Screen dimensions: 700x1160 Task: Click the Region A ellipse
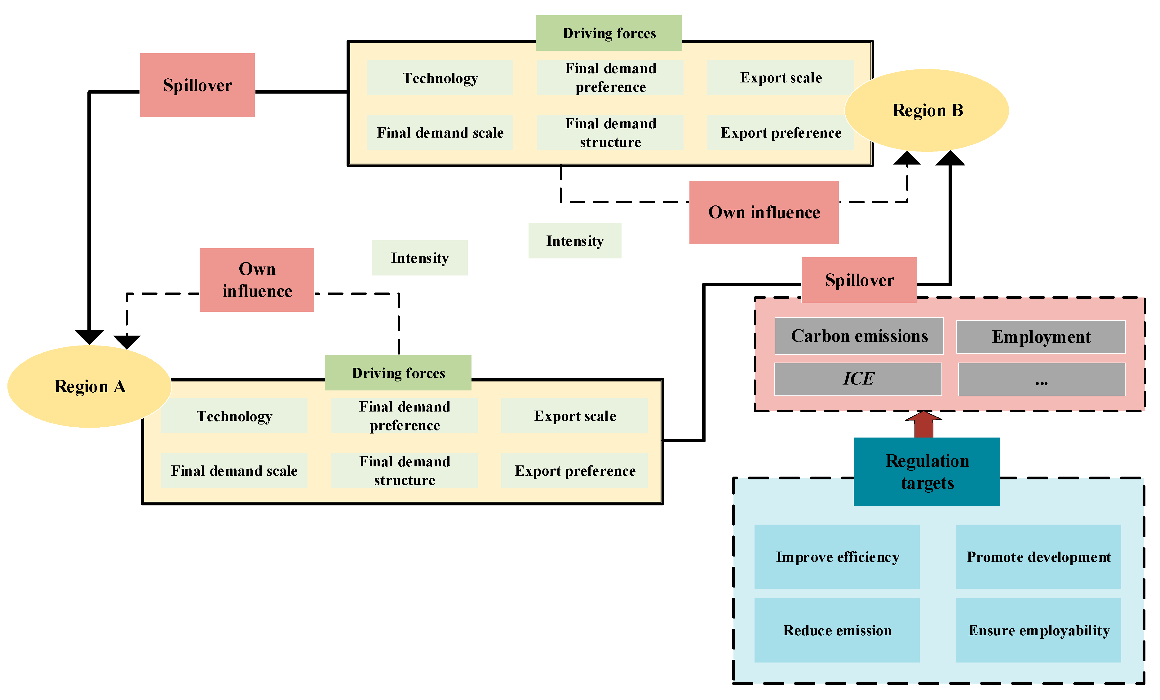point(90,386)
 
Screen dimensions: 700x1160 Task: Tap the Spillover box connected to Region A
point(197,85)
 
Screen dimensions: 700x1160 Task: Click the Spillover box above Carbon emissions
point(859,280)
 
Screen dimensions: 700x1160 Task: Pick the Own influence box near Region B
point(764,212)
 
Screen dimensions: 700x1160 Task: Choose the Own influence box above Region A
point(257,280)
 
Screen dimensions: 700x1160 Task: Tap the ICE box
point(858,379)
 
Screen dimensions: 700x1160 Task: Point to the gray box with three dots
point(1041,379)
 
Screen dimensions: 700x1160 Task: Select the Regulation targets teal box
point(927,472)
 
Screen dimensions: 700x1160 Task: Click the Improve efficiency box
point(837,557)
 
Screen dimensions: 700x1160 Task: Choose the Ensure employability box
point(1038,630)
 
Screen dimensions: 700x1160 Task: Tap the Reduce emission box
point(837,630)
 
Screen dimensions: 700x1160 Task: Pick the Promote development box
point(1038,557)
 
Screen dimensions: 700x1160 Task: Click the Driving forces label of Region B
point(609,33)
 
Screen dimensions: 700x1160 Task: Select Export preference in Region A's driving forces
point(574,471)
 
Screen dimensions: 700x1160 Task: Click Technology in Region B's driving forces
point(440,78)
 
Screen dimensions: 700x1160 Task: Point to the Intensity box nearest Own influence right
point(574,240)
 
